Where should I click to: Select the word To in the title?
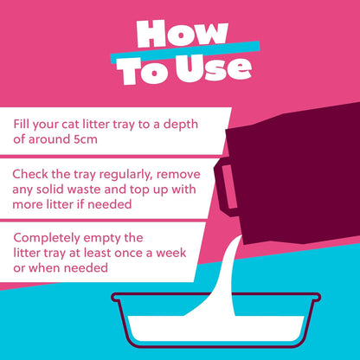142,68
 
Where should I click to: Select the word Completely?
50,236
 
